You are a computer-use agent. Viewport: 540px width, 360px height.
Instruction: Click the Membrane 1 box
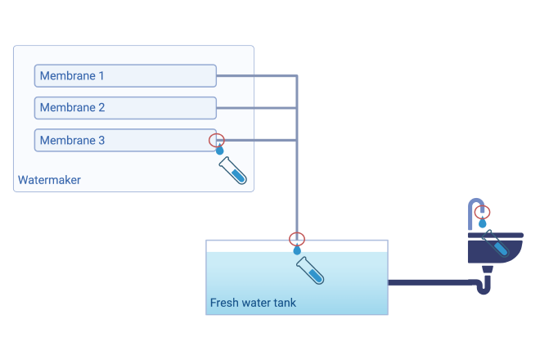[x=125, y=76]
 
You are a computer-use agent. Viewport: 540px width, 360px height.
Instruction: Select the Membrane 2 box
[x=125, y=108]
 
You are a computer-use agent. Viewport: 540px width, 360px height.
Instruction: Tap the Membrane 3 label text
[x=72, y=140]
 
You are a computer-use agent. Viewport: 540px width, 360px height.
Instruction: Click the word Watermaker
[x=49, y=180]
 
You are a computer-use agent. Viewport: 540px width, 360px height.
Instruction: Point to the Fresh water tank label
[x=253, y=303]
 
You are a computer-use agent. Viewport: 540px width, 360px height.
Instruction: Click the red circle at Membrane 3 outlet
[x=217, y=134]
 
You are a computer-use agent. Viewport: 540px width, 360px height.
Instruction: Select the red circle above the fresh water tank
[x=297, y=232]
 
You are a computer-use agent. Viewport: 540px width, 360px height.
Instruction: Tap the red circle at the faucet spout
[x=482, y=205]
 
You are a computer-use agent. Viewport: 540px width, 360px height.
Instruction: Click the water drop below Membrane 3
[x=220, y=150]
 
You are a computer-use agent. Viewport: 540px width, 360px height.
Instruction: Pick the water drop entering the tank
[x=297, y=250]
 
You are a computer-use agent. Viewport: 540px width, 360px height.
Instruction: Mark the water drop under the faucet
[x=483, y=223]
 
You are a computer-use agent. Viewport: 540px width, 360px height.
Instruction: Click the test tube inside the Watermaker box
[x=233, y=170]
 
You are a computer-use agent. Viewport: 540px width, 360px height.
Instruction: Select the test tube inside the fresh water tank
[x=310, y=271]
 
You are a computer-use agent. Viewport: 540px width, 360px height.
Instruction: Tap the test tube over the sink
[x=495, y=243]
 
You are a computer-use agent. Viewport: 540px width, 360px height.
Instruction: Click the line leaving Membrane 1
[x=257, y=75]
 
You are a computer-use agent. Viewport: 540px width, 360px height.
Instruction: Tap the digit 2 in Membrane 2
[x=101, y=107]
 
